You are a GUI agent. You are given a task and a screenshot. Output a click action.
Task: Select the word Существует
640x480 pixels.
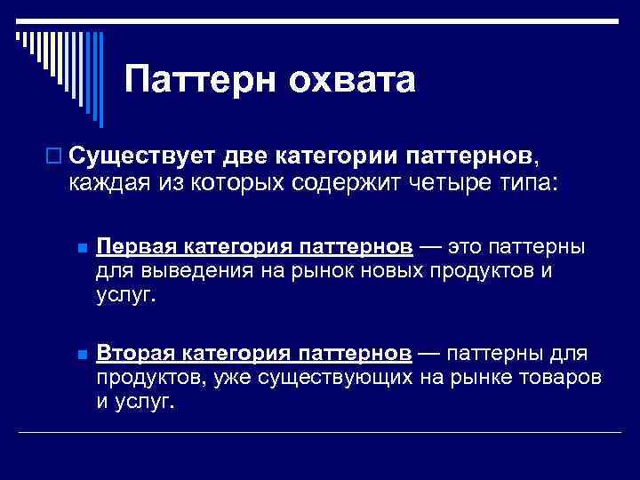point(139,157)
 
